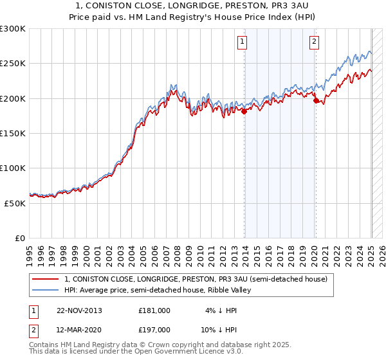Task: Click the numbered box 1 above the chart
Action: (242, 42)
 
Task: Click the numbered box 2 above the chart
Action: (314, 42)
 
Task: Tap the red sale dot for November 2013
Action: (244, 111)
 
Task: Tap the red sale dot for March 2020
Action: (316, 100)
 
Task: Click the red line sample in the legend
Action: (45, 279)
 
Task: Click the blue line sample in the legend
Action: (45, 290)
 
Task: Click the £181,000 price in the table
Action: (154, 310)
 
